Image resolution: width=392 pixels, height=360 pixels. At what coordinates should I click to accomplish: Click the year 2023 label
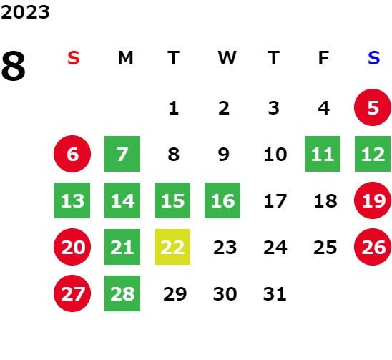point(25,12)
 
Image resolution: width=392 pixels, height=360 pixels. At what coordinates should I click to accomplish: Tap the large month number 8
point(14,66)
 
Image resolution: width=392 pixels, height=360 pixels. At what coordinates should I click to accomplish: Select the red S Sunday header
point(74,58)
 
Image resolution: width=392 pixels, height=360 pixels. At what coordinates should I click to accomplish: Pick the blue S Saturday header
point(374,58)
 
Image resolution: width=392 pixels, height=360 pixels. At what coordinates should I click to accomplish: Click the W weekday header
point(227,58)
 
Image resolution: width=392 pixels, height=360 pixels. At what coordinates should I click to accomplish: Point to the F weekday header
point(323,58)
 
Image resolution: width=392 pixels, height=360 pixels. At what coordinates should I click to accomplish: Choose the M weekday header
point(125,58)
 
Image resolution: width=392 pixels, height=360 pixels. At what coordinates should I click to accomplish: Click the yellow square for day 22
point(172,247)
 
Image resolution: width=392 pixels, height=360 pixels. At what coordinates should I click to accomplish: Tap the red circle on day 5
point(373,107)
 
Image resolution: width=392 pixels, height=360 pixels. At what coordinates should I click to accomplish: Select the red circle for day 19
point(373,200)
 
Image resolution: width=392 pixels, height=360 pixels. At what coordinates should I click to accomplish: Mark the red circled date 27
point(72,293)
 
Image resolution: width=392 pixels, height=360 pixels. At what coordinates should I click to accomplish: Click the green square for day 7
point(122,154)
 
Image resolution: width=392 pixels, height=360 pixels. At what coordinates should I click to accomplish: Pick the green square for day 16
point(222,200)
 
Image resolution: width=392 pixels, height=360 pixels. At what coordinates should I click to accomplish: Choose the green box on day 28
point(122,293)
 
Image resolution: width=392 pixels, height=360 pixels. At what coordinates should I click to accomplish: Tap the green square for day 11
point(323,154)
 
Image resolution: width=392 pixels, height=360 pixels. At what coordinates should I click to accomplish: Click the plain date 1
point(174,108)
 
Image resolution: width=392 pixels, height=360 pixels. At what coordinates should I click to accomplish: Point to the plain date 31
point(275,293)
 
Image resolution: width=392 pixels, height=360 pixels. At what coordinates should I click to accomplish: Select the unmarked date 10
point(275,154)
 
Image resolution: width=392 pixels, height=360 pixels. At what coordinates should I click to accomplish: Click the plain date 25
point(325,248)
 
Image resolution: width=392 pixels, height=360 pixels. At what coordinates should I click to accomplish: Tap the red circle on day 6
point(72,154)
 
